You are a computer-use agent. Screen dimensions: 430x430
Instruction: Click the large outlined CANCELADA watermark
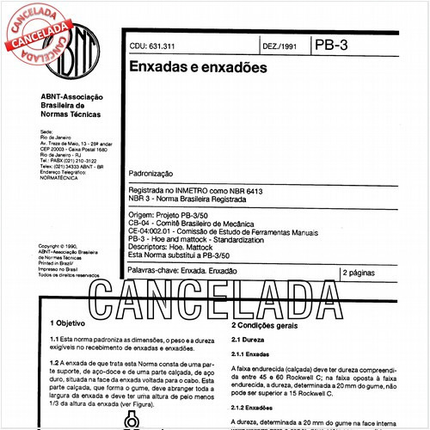[x=215, y=296]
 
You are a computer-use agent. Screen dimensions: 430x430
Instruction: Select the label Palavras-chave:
[x=156, y=273]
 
